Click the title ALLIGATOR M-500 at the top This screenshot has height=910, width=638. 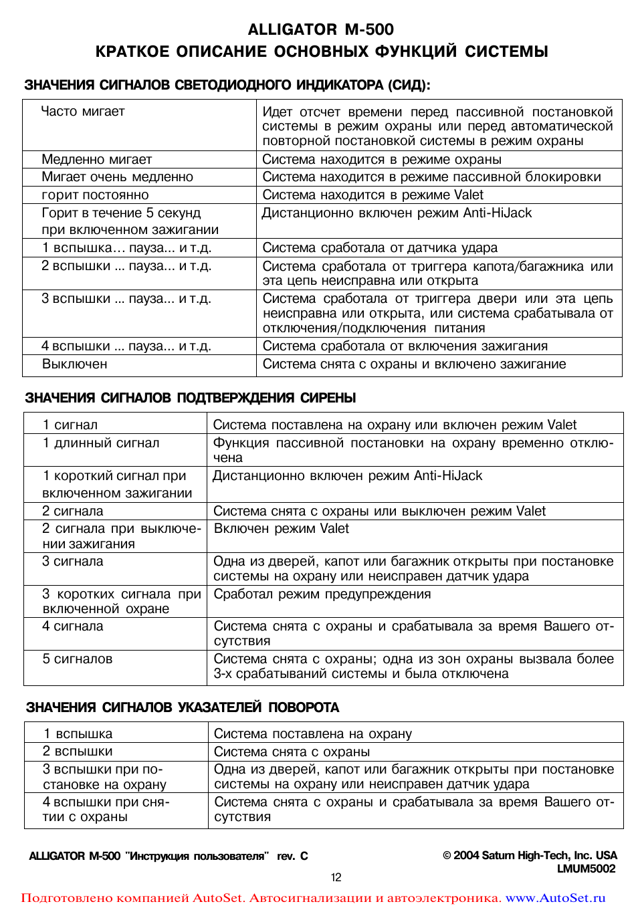[x=320, y=29]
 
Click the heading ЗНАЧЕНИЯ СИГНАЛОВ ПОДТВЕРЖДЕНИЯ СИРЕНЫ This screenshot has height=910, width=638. [x=190, y=398]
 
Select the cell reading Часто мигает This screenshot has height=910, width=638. [x=83, y=112]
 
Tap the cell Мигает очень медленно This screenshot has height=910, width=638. [x=117, y=177]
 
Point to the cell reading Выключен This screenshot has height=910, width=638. [x=74, y=364]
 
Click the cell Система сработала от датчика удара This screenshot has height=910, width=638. [x=379, y=248]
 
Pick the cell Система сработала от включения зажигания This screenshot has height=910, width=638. [x=405, y=346]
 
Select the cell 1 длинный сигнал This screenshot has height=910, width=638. [x=101, y=443]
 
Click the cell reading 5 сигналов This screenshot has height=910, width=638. [x=78, y=659]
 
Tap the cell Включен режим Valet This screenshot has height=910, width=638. [x=281, y=529]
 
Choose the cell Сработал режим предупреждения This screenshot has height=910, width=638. [x=322, y=594]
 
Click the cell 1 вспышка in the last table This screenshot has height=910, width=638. [x=78, y=734]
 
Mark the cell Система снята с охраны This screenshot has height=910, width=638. [x=292, y=752]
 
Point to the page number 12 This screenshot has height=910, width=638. [x=336, y=877]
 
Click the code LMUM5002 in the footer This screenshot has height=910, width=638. [x=586, y=869]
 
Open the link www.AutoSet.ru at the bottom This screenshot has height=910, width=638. [x=555, y=898]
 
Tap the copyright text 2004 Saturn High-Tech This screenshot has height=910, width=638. [x=530, y=855]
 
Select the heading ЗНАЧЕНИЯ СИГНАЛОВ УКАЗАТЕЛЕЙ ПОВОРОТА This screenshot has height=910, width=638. [x=183, y=707]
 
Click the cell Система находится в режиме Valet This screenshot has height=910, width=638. [x=373, y=195]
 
